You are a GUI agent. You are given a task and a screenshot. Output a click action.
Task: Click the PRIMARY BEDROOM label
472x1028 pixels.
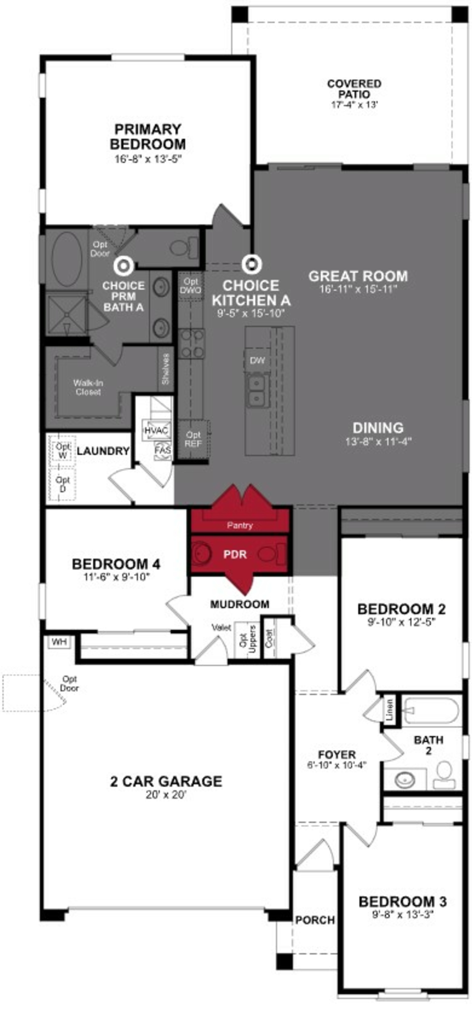click(x=148, y=137)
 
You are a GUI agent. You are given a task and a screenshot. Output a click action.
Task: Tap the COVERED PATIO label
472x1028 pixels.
click(x=354, y=89)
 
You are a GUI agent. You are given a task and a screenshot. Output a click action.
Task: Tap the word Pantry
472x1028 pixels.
click(x=240, y=525)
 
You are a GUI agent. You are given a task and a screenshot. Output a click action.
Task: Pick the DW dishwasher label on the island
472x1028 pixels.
click(x=258, y=360)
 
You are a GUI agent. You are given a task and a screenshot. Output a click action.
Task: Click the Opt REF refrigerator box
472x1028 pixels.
click(x=193, y=439)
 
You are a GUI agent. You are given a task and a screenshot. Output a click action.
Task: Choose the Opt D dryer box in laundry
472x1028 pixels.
click(x=63, y=484)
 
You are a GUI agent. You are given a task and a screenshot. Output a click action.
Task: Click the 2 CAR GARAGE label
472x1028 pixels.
click(x=166, y=781)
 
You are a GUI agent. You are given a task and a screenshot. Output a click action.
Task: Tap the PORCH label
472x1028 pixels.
click(x=315, y=920)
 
